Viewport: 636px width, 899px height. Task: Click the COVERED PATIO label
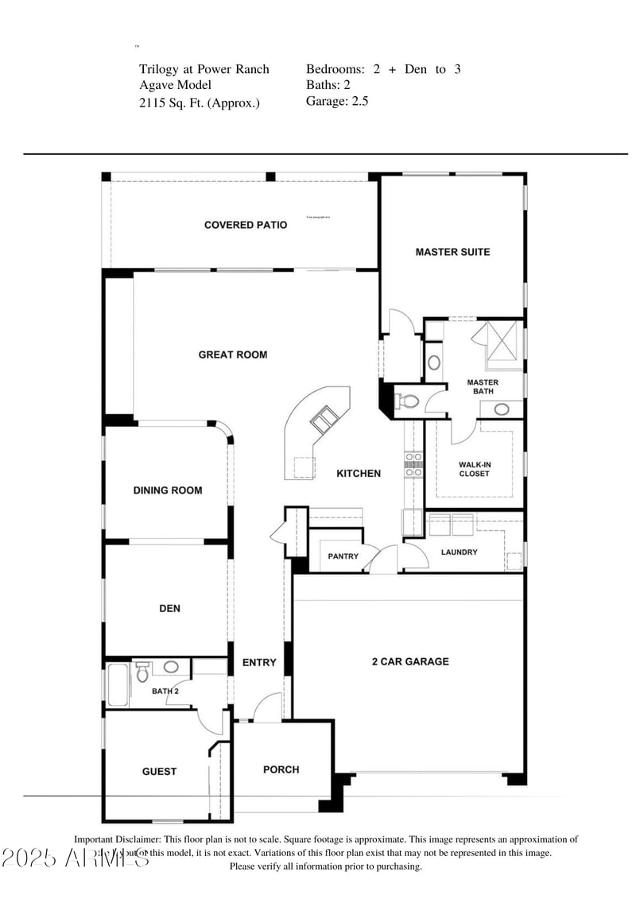(246, 225)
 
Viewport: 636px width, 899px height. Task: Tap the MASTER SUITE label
(452, 252)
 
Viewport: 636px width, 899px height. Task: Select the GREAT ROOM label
(233, 355)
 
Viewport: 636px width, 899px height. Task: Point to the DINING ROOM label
(168, 490)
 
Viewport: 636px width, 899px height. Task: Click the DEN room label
(169, 609)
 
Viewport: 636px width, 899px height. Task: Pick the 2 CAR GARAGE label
(410, 661)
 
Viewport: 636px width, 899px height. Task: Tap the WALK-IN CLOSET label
(474, 469)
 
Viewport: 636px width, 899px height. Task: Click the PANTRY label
(343, 556)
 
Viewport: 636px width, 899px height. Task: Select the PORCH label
(281, 769)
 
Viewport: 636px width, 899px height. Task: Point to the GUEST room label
(159, 771)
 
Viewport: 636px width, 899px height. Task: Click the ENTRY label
(259, 662)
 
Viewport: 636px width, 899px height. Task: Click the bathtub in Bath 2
(118, 684)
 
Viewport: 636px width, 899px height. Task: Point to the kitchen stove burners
(413, 464)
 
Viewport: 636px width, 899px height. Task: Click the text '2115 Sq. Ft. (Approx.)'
(199, 103)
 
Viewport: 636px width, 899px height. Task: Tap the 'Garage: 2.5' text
(337, 101)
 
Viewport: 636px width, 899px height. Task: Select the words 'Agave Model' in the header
(176, 85)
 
